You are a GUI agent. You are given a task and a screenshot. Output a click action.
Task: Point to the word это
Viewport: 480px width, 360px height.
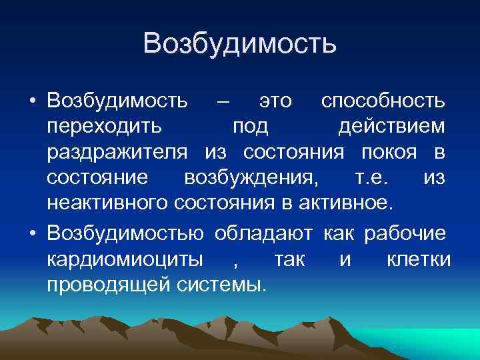point(275,101)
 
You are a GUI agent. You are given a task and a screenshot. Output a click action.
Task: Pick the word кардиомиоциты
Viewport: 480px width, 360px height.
point(126,259)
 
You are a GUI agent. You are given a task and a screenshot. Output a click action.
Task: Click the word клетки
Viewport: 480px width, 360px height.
point(419,259)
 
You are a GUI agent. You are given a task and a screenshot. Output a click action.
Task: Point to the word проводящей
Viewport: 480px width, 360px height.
point(110,285)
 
